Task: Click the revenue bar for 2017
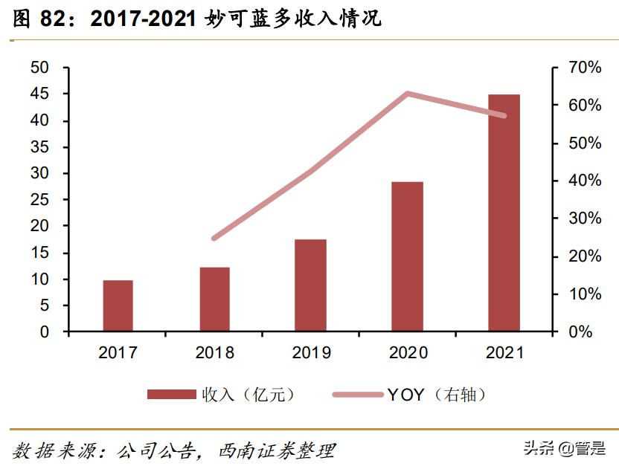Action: (118, 305)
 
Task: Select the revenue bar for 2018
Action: (214, 299)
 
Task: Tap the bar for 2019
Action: (310, 285)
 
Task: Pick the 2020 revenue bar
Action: (407, 256)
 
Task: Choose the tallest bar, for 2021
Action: (504, 213)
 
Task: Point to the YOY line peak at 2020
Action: (407, 94)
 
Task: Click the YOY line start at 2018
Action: (214, 239)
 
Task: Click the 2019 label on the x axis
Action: (310, 352)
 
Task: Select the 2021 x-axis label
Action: (504, 352)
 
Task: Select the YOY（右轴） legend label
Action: (440, 395)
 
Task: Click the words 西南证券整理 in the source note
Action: (277, 450)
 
